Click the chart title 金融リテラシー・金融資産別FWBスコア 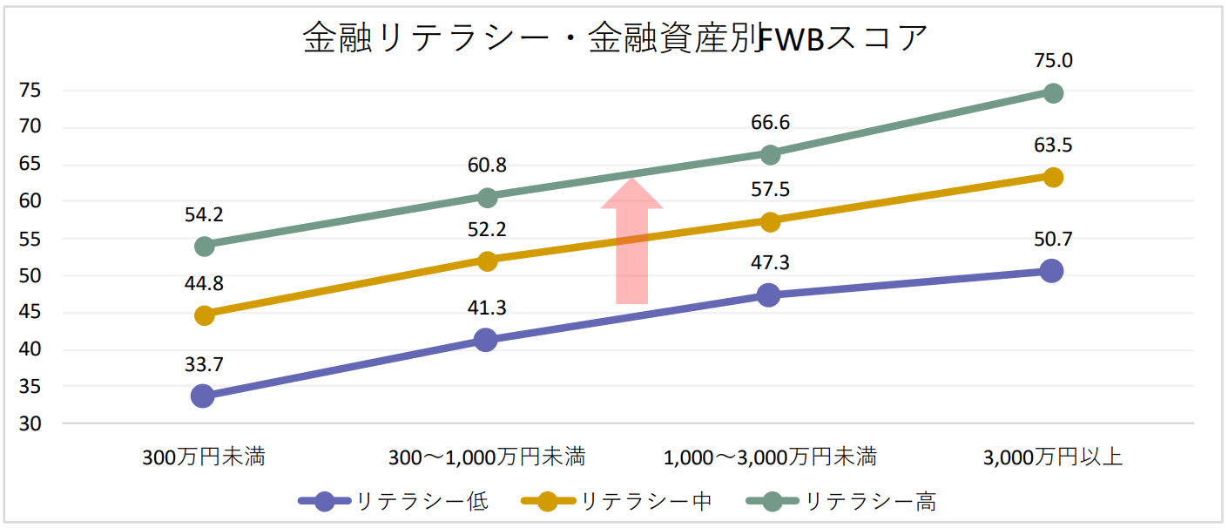click(614, 38)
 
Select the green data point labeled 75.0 click(1052, 93)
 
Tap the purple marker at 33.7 click(203, 396)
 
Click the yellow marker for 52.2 click(487, 261)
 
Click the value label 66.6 click(770, 123)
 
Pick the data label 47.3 click(770, 262)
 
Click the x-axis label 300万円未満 click(204, 457)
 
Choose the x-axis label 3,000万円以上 click(1052, 457)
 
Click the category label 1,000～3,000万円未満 click(770, 457)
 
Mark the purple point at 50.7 click(1052, 271)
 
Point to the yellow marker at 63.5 click(1052, 178)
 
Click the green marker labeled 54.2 click(204, 247)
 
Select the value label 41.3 click(487, 308)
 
